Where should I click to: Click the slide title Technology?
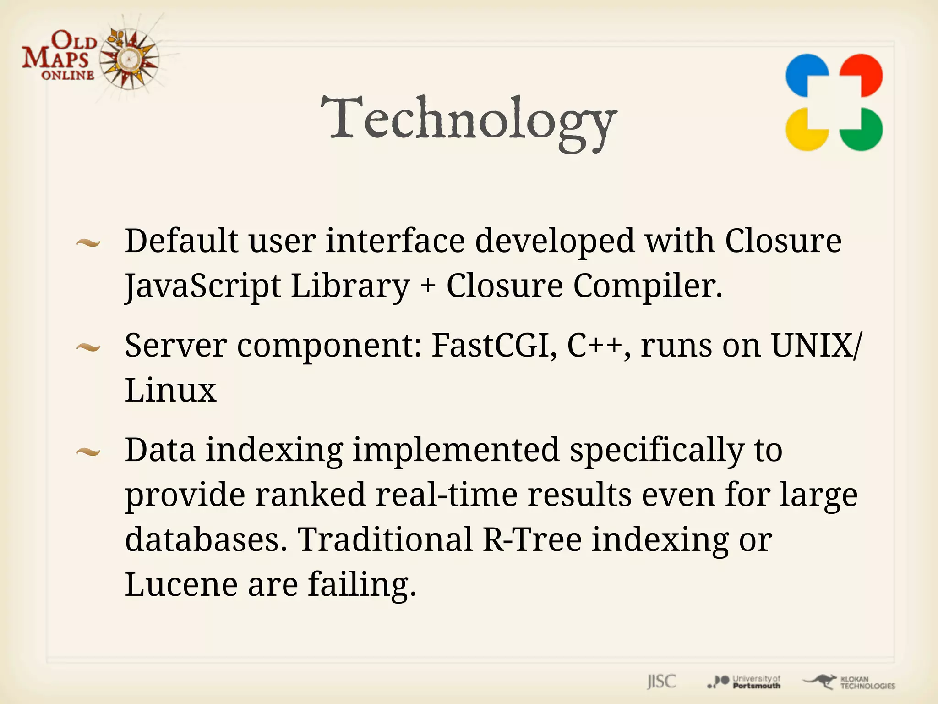click(x=468, y=120)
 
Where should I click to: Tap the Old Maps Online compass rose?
click(x=129, y=59)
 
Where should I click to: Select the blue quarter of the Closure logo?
click(x=806, y=75)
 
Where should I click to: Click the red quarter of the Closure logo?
click(x=862, y=75)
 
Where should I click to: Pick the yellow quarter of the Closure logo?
click(x=806, y=130)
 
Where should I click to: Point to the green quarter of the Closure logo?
click(x=862, y=130)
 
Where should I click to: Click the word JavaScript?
click(x=202, y=286)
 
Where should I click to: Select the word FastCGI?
click(x=494, y=345)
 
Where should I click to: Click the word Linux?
click(x=170, y=390)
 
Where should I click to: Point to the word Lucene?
click(x=181, y=584)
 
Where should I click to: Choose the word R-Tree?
click(x=532, y=539)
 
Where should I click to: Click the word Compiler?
click(x=648, y=286)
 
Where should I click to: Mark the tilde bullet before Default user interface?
click(x=88, y=243)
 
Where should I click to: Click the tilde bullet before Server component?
click(x=88, y=348)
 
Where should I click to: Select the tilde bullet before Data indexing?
click(x=88, y=453)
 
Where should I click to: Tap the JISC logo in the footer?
click(x=661, y=682)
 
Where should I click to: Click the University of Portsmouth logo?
click(x=744, y=682)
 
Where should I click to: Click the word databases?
click(x=206, y=539)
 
